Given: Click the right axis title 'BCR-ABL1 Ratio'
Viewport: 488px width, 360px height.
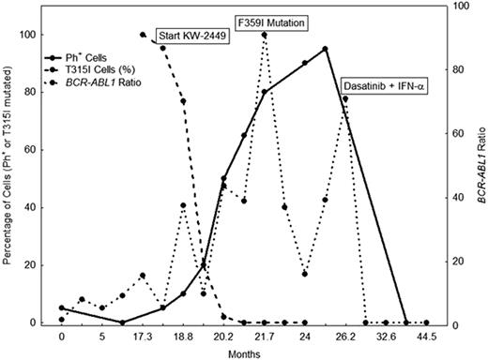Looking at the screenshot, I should (478, 178).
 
